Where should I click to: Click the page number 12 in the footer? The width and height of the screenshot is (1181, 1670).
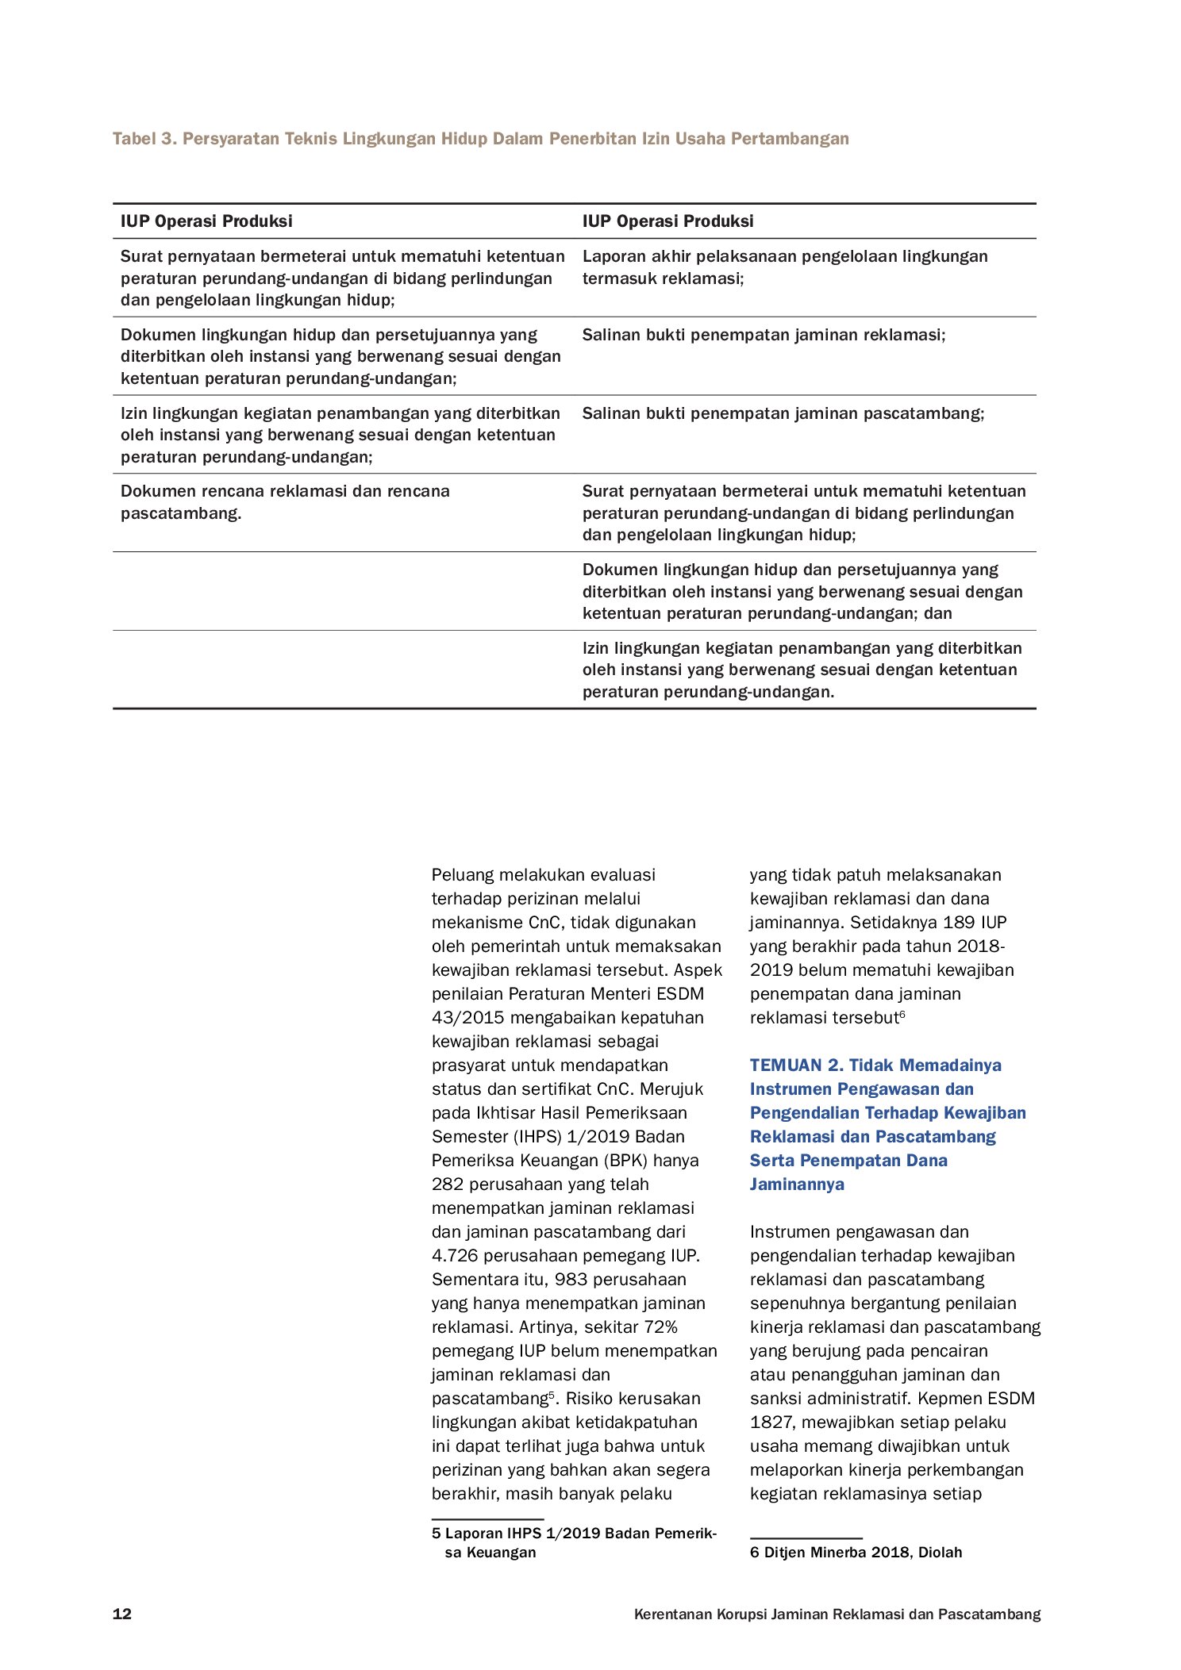tap(122, 1614)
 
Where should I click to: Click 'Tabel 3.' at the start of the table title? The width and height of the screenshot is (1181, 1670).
tap(144, 139)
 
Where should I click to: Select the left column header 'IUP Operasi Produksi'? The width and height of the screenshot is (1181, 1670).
tap(206, 221)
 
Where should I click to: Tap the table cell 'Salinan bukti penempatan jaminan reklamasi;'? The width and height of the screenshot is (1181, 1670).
tap(764, 335)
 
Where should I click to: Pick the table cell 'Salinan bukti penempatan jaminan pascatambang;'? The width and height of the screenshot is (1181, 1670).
tap(783, 413)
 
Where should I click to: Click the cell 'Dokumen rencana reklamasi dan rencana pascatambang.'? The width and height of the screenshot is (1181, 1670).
tap(285, 501)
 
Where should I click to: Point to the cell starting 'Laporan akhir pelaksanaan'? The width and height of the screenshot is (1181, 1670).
tap(784, 267)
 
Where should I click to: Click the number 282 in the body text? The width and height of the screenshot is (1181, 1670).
tap(448, 1184)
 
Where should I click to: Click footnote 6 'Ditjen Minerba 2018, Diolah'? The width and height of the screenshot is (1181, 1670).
tap(856, 1552)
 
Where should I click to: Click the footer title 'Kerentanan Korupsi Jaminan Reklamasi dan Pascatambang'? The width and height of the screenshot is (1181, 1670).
tap(837, 1614)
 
